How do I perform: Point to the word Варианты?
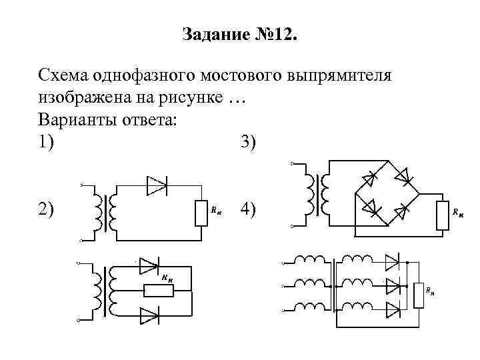(79, 121)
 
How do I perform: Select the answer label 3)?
(246, 142)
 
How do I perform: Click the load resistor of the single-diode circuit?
(201, 213)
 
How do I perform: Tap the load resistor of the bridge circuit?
(441, 214)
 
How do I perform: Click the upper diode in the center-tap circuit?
(148, 266)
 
